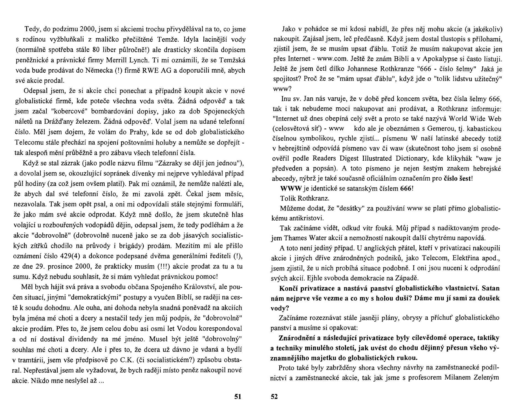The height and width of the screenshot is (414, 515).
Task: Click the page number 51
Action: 238,397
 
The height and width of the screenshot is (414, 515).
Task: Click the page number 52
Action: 274,397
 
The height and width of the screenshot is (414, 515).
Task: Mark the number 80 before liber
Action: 96,50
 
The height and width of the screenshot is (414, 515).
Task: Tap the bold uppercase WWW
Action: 291,189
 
